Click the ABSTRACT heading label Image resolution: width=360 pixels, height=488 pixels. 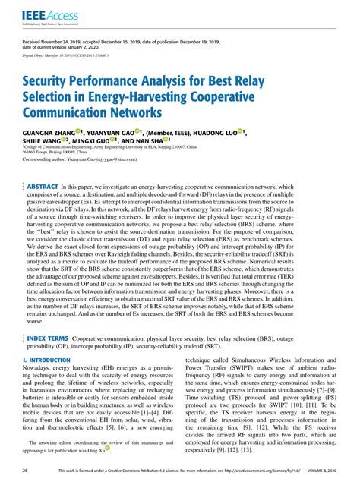click(43, 186)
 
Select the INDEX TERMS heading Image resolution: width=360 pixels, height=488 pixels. click(48, 358)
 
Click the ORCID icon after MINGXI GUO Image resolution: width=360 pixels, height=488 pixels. click(113, 140)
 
